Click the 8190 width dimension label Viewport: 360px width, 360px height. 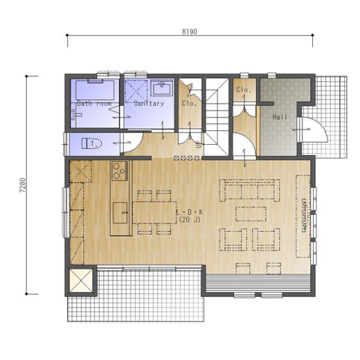tap(190, 31)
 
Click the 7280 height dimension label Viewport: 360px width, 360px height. tap(23, 185)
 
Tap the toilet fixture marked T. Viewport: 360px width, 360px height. tap(92, 143)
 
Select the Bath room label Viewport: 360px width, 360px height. tap(94, 103)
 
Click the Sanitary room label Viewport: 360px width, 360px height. tap(149, 103)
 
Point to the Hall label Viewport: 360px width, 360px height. tap(280, 117)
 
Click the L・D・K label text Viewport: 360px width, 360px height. tap(190, 212)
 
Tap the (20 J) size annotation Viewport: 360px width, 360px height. tap(190, 219)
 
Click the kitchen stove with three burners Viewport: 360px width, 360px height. tap(120, 171)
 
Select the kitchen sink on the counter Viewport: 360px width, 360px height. tap(120, 213)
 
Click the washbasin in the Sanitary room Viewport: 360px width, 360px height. tap(162, 88)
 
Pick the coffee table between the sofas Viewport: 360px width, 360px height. tap(251, 214)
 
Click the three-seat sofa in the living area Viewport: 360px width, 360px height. tap(250, 190)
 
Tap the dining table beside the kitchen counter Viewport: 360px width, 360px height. tap(154, 213)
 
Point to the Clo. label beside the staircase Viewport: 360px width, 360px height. tap(190, 103)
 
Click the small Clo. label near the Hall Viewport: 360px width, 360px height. tap(244, 89)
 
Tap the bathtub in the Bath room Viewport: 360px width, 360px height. tap(95, 90)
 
